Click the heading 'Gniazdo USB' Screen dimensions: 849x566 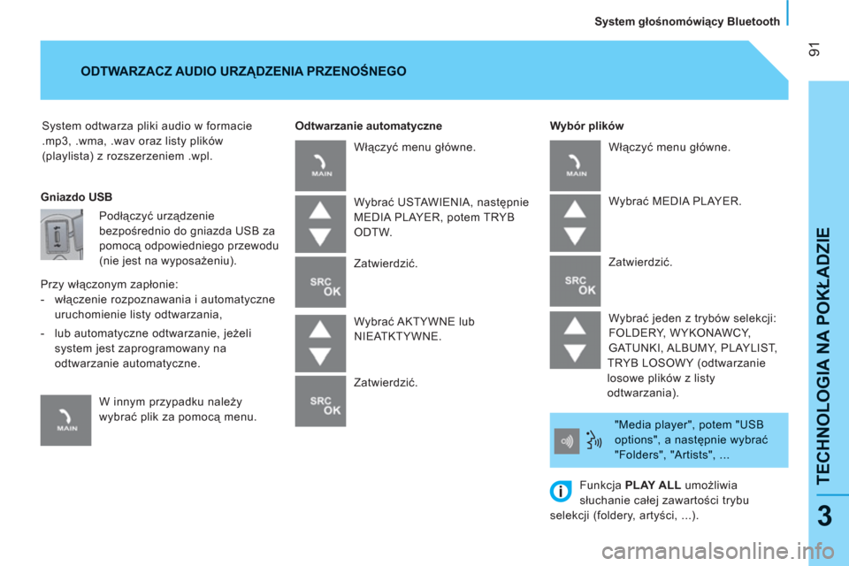click(76, 197)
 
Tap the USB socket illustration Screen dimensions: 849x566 click(62, 234)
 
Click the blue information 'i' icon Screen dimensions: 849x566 click(561, 491)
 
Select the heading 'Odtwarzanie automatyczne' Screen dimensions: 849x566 click(368, 126)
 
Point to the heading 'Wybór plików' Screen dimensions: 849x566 click(586, 126)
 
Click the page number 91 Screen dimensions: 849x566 click(815, 50)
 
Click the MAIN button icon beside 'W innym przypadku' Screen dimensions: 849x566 click(66, 420)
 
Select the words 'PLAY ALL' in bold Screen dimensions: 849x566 click(653, 486)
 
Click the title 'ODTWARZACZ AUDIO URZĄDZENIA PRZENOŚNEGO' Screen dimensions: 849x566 click(244, 72)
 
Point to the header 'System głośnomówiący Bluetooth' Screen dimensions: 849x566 click(687, 21)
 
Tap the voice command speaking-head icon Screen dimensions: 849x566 click(594, 440)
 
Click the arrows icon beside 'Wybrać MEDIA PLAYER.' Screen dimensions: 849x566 click(575, 223)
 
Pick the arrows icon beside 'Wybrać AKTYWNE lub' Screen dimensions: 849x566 click(320, 343)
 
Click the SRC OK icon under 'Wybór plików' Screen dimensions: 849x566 click(575, 281)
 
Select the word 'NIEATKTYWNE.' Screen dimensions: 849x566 click(398, 336)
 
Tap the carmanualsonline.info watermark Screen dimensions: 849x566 click(717, 552)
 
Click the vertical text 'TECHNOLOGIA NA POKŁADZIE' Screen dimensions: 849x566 click(823, 356)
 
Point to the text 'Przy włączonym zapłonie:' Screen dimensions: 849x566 click(110, 285)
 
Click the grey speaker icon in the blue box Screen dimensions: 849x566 click(567, 441)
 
